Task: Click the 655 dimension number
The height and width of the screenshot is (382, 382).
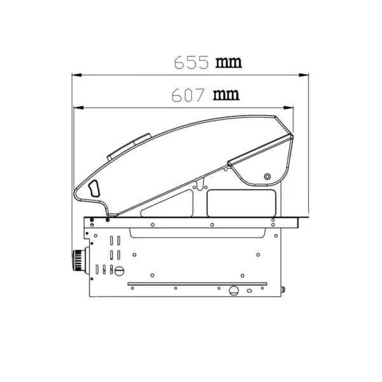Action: [x=192, y=62]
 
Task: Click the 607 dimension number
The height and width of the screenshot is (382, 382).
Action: [x=188, y=95]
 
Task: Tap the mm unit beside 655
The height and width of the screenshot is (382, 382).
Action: [x=229, y=62]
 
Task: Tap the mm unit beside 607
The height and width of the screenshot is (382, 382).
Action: [x=226, y=95]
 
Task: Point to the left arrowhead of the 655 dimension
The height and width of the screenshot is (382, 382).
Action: [x=77, y=74]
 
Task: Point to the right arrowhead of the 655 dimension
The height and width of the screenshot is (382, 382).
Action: [x=304, y=74]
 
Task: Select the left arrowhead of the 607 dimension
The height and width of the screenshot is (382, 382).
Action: [x=78, y=108]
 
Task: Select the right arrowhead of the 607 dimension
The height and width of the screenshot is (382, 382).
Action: [x=288, y=108]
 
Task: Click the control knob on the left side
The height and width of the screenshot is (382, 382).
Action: [x=80, y=260]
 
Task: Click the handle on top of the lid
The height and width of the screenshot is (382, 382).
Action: [x=129, y=146]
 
